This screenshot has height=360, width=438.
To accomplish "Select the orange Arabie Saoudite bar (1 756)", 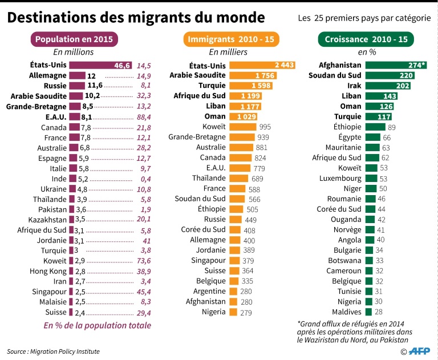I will [x=253, y=75].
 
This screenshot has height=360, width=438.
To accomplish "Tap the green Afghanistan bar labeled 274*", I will [x=395, y=65].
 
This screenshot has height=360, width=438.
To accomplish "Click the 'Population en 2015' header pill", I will [x=75, y=39].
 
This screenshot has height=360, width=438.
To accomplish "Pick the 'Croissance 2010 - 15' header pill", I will [x=366, y=39].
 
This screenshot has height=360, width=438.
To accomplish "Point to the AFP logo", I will [x=421, y=351].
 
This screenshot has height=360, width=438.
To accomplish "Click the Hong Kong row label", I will [x=49, y=270].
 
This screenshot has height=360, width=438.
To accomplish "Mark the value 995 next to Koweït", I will [x=266, y=127].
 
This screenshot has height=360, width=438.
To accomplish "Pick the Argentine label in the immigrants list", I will [x=206, y=291].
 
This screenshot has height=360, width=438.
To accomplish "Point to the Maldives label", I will [x=347, y=312].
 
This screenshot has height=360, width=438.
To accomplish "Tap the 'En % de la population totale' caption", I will [x=98, y=325].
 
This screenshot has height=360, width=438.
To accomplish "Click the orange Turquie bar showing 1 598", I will [x=251, y=86].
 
